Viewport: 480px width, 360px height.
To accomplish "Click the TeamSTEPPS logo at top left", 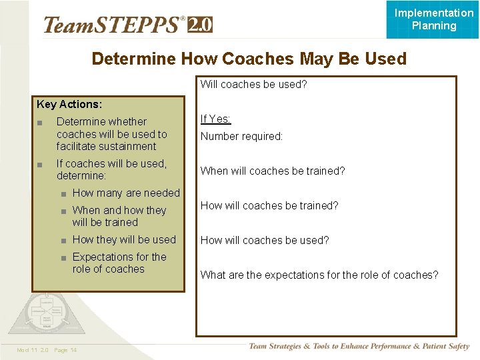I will pos(113,25).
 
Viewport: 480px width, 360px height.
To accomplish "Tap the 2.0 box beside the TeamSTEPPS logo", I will pos(200,25).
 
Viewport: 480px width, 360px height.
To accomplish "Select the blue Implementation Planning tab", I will pos(433,19).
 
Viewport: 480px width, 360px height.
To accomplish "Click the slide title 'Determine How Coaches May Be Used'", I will pos(249,59).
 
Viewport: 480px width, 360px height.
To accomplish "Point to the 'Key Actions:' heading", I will pos(69,104).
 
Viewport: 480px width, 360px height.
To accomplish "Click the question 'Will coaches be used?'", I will pos(253,85).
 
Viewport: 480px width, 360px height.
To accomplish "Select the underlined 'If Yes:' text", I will pos(215,119).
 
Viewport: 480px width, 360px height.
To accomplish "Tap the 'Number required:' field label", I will pos(241,136).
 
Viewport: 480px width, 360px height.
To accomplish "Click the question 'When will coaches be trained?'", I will pos(273,171).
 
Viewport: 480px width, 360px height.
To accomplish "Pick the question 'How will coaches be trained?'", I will pos(269,205).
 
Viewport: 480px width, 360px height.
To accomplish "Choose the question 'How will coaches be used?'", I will pos(265,240).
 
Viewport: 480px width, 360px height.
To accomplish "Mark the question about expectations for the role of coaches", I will pos(319,275).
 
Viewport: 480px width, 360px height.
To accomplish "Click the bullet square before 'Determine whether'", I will pos(41,122).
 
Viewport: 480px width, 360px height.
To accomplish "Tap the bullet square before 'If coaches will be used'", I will pos(41,164).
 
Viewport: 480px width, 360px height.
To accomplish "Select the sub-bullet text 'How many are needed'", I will pos(126,193).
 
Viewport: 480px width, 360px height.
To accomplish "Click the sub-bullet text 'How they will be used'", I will pos(124,239).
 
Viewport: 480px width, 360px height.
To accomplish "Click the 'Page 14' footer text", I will pos(65,350).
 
